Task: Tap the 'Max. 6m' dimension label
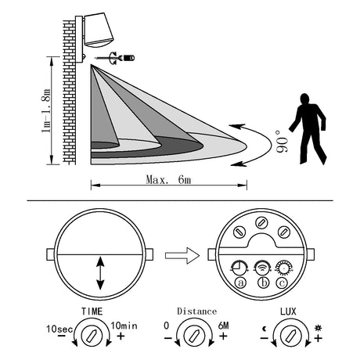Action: (x=168, y=179)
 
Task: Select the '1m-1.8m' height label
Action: (x=46, y=110)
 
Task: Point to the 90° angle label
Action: (x=283, y=141)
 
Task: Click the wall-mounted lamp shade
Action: (x=99, y=29)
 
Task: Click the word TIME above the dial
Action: (x=92, y=311)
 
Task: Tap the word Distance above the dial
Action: (x=196, y=311)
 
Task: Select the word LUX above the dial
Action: (x=288, y=311)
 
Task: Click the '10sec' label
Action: (x=59, y=329)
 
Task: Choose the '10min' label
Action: (x=124, y=326)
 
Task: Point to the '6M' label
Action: (x=223, y=326)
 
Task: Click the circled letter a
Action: (x=240, y=283)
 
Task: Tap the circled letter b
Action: (x=264, y=283)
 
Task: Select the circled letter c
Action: (x=282, y=283)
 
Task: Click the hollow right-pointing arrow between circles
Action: (x=182, y=255)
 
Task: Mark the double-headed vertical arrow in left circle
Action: (x=100, y=273)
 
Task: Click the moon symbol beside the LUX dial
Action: (x=265, y=329)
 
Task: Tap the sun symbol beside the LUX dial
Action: (x=318, y=327)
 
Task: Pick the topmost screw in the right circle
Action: (x=261, y=222)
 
